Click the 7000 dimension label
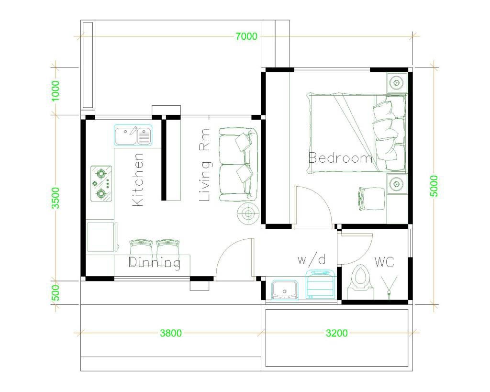(246, 36)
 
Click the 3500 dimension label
(56, 197)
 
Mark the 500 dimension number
(56, 292)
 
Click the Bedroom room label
(340, 158)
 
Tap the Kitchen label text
(137, 179)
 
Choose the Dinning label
(155, 262)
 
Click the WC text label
(384, 262)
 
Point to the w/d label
(312, 260)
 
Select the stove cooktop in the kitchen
(101, 183)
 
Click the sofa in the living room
(237, 164)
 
